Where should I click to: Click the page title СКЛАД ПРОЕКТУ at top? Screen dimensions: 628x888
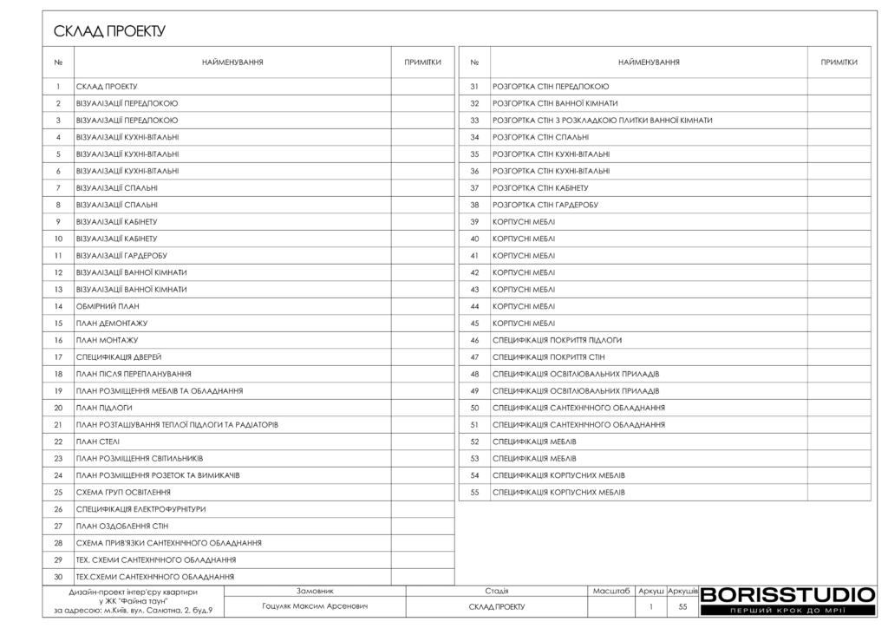pos(108,32)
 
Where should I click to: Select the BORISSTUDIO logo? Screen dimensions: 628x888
pos(787,595)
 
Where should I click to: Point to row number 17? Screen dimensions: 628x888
pos(58,357)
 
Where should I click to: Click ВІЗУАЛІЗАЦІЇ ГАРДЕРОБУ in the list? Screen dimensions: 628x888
pos(121,255)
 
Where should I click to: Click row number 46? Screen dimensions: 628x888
pos(474,340)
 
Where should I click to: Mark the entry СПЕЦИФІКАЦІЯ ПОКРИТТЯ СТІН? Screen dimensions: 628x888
pos(548,357)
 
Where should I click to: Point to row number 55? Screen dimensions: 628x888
pos(474,492)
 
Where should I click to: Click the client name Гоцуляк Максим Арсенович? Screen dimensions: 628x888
pos(314,606)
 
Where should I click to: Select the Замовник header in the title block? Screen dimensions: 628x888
pos(315,590)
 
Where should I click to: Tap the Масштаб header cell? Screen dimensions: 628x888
pos(610,590)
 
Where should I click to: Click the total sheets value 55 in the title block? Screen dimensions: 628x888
pos(682,606)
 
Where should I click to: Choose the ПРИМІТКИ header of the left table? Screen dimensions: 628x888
pos(422,62)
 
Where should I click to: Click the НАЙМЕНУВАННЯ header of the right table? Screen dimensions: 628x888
pos(649,62)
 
